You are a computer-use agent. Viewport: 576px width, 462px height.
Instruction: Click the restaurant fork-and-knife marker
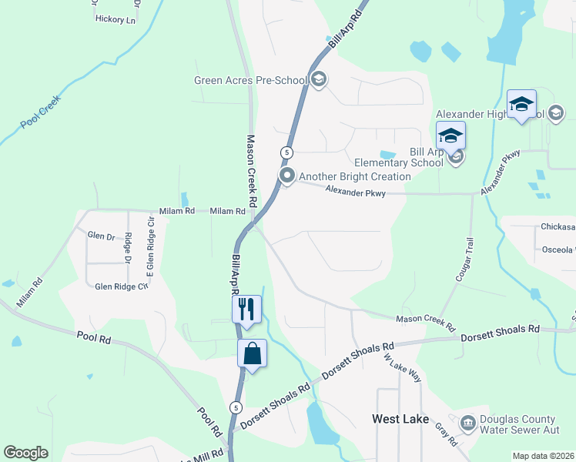(246, 310)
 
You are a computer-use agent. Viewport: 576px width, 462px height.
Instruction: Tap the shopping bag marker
(252, 354)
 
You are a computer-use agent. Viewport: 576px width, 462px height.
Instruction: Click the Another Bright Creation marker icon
(287, 177)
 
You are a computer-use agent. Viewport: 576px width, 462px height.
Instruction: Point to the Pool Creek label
(40, 112)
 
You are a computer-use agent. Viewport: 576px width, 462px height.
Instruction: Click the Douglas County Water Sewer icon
(467, 423)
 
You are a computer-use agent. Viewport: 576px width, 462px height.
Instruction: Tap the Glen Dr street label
(101, 236)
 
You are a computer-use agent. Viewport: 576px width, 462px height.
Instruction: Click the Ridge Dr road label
(129, 248)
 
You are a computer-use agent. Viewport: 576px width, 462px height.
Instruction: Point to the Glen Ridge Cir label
(120, 286)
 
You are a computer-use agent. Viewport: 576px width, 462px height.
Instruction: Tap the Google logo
(25, 453)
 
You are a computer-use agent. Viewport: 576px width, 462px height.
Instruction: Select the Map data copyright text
(543, 456)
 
